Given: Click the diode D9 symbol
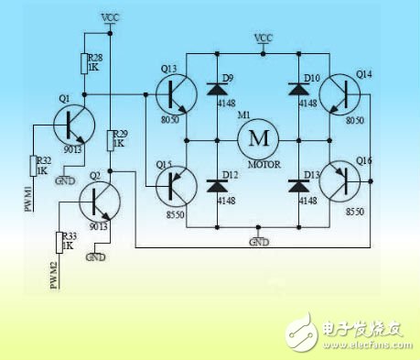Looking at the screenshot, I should pyautogui.click(x=217, y=90).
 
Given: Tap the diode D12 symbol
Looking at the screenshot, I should pyautogui.click(x=217, y=185).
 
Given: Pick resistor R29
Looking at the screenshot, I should pyautogui.click(x=111, y=140).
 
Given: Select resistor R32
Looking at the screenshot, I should pyautogui.click(x=35, y=166).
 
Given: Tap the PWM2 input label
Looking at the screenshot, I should pyautogui.click(x=53, y=274).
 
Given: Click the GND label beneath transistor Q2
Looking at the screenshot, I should pyautogui.click(x=95, y=257).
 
